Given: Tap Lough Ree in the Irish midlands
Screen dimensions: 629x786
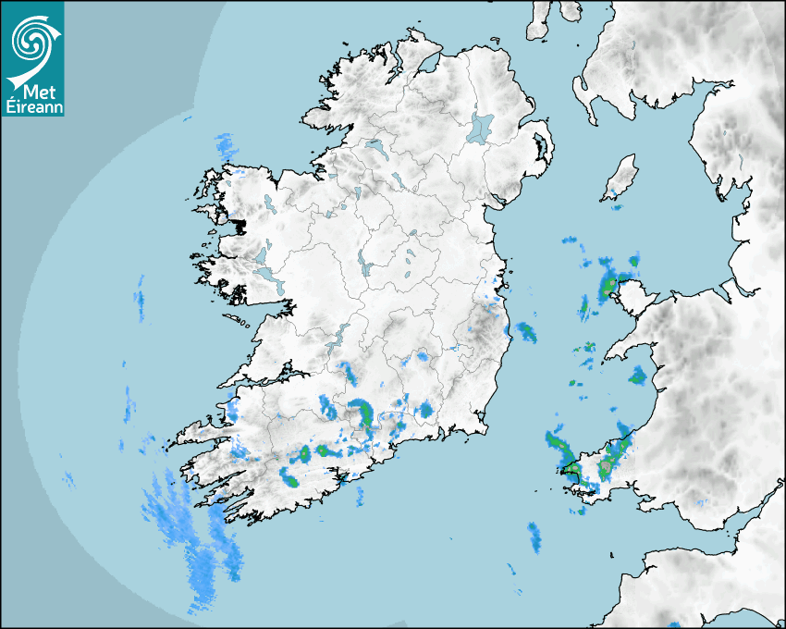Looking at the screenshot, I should click(x=366, y=269).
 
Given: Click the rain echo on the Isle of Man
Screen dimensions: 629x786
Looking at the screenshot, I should click(x=612, y=193).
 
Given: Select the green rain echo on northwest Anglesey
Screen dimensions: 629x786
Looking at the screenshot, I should click(x=610, y=286).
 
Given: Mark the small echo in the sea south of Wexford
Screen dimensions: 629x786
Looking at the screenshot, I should click(x=534, y=535).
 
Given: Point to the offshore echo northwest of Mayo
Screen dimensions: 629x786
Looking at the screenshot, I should click(x=225, y=144).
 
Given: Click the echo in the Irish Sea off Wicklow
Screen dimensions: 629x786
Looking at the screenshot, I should click(x=527, y=330).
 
